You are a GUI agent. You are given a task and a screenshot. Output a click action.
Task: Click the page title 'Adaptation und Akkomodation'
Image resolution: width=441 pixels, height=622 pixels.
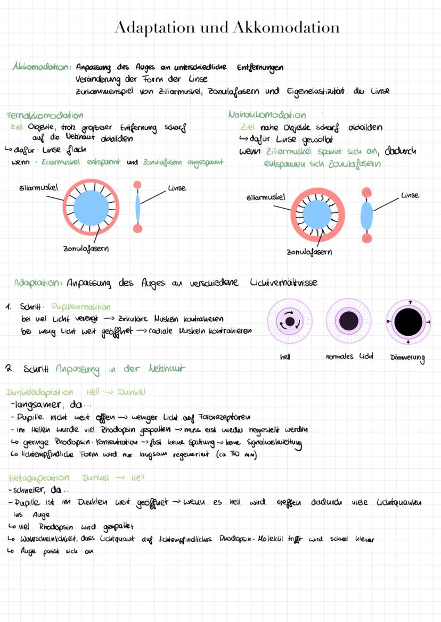226,27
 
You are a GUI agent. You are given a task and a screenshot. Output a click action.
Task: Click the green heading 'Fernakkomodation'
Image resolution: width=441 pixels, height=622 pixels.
44,115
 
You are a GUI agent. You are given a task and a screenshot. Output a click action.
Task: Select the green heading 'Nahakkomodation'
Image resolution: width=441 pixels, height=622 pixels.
267,115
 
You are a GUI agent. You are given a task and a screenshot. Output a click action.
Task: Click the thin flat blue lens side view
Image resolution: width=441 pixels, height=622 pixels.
137,206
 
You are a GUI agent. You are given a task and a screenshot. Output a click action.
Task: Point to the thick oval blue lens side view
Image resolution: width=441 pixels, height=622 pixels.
367,214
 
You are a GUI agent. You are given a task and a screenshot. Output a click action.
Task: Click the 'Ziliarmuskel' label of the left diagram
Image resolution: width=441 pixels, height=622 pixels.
38,187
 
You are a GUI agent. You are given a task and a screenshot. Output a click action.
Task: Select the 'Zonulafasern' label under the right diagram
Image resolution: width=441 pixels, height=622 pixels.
309,252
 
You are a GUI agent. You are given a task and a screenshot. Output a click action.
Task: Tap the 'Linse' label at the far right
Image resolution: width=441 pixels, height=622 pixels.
410,195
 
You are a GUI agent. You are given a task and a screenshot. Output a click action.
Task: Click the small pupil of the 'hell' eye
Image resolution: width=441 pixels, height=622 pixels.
290,322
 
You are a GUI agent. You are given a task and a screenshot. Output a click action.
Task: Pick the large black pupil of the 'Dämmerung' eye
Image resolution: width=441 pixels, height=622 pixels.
408,321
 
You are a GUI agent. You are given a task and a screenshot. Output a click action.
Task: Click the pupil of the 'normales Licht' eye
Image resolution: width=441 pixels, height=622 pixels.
348,321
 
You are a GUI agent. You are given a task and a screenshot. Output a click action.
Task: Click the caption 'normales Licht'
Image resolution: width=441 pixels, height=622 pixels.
349,356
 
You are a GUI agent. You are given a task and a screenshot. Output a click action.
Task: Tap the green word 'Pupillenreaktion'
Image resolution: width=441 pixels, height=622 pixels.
81,307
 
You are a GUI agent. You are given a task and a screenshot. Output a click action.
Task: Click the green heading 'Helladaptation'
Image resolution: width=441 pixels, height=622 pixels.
39,478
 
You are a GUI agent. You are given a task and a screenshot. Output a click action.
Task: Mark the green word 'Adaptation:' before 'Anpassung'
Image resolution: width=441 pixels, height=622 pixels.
39,282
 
